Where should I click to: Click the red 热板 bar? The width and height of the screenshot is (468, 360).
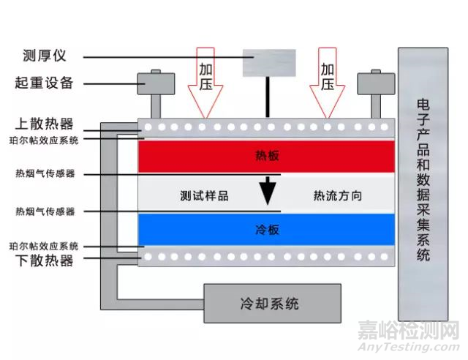pyautogui.click(x=266, y=156)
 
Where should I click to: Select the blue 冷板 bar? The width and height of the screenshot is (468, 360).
pyautogui.click(x=266, y=229)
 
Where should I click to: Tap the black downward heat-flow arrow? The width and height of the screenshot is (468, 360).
pyautogui.click(x=269, y=190)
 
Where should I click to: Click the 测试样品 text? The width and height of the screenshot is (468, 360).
pyautogui.click(x=204, y=196)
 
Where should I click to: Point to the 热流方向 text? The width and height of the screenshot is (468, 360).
pyautogui.click(x=337, y=196)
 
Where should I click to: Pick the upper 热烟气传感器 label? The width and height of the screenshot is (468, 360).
pyautogui.click(x=45, y=174)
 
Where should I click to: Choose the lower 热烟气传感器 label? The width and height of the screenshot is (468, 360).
pyautogui.click(x=45, y=211)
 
